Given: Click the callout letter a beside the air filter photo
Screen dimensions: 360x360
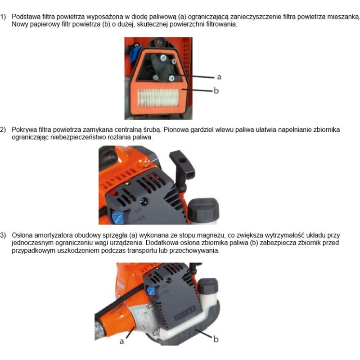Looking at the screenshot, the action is pyautogui.click(x=219, y=77).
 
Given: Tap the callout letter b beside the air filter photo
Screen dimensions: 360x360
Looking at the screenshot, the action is pyautogui.click(x=216, y=90).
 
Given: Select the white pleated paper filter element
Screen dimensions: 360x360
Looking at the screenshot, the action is pyautogui.click(x=158, y=98).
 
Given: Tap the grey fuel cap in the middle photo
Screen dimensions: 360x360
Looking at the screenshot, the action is pyautogui.click(x=203, y=210).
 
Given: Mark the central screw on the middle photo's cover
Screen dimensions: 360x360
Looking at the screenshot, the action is pyautogui.click(x=144, y=201).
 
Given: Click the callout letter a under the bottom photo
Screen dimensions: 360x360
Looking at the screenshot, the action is pyautogui.click(x=121, y=342).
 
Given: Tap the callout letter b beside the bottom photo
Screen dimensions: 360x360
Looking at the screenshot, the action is pyautogui.click(x=216, y=339).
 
